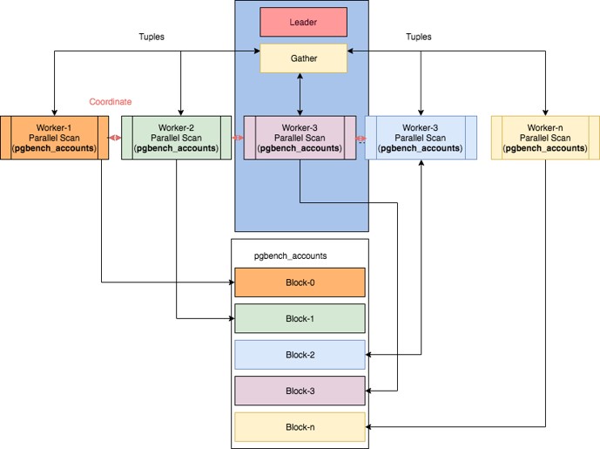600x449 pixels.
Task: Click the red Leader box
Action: pos(303,22)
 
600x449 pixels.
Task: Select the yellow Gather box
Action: pos(303,58)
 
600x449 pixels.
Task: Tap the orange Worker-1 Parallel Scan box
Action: pos(54,138)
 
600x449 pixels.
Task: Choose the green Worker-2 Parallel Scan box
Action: pos(177,138)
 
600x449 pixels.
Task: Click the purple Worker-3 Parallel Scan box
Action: pos(300,138)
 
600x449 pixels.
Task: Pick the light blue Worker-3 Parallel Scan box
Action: pos(421,138)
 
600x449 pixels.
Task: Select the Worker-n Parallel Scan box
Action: pos(545,138)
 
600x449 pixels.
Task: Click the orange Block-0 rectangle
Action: pos(300,282)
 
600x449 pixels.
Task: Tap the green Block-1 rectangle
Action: pos(300,318)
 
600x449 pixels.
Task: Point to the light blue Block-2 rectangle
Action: pos(300,355)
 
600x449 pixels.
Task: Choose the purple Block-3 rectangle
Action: pos(300,391)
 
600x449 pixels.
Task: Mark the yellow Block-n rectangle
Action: pos(300,427)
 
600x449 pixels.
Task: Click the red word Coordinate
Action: pos(111,101)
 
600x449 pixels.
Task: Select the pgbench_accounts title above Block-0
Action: pos(291,256)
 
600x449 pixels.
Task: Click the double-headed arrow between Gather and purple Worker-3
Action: pos(300,94)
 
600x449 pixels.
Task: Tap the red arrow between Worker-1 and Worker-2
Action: pos(115,138)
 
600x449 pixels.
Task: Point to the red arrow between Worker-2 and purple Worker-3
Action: pos(238,138)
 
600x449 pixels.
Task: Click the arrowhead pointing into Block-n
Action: pos(368,427)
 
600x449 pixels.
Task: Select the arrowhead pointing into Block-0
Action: pos(232,282)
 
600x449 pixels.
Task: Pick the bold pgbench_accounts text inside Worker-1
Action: pos(54,148)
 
